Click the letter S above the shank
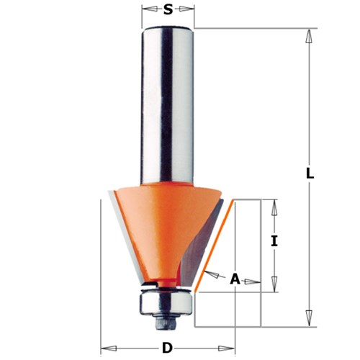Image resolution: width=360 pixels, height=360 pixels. [x=168, y=9]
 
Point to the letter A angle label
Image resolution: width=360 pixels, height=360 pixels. [x=234, y=279]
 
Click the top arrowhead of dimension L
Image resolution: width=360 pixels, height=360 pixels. [x=308, y=35]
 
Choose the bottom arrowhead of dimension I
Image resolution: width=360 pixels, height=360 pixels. [x=274, y=286]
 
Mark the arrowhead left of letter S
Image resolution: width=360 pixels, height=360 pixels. [x=147, y=9]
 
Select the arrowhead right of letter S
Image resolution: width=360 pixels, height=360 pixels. [x=189, y=9]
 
